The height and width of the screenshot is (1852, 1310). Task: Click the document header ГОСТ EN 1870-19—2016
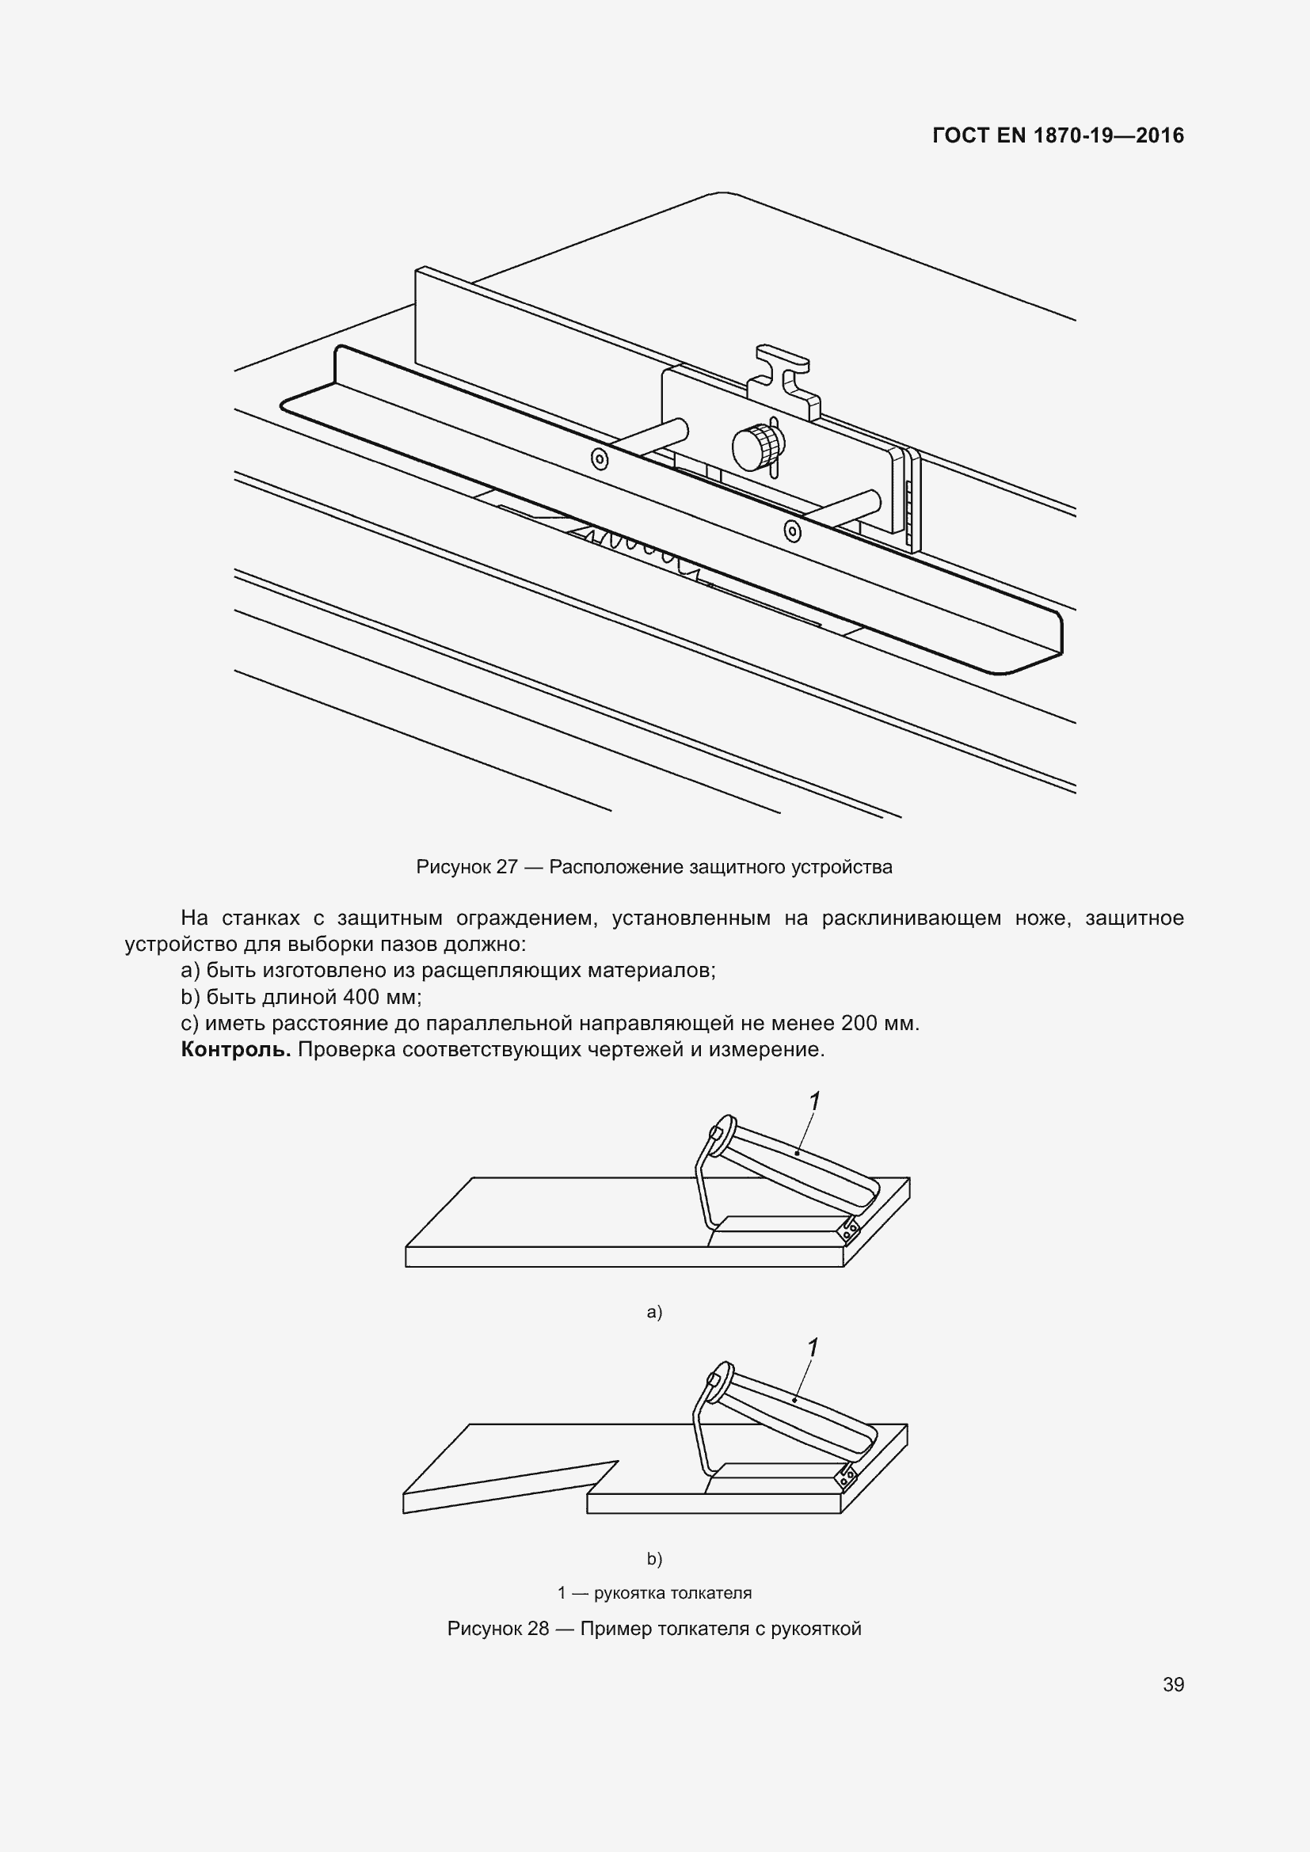click(x=1057, y=135)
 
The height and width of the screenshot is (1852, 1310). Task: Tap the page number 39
click(x=1173, y=1684)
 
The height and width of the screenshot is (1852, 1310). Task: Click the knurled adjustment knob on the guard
click(x=757, y=446)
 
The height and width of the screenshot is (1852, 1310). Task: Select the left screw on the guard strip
click(x=600, y=459)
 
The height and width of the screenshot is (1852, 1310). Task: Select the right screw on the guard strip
click(x=793, y=531)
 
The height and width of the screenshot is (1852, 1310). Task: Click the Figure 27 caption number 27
click(x=507, y=867)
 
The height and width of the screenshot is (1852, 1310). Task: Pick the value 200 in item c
click(x=859, y=1024)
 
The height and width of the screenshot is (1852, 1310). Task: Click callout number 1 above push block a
click(x=815, y=1101)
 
